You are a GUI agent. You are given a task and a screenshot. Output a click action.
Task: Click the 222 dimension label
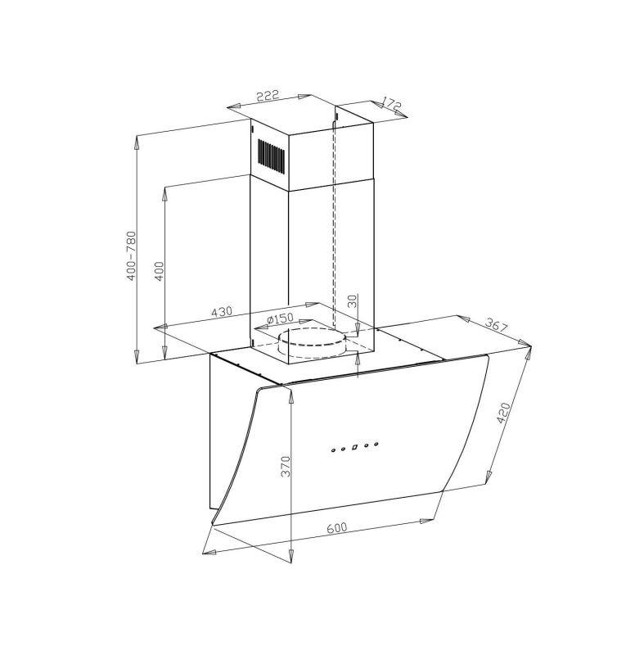(x=267, y=96)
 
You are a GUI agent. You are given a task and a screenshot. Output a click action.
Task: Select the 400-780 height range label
(x=132, y=255)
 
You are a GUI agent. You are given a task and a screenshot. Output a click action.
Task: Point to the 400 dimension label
(x=159, y=271)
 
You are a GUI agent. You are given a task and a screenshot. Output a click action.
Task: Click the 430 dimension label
(x=221, y=312)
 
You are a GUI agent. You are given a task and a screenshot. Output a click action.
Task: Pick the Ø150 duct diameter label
(x=280, y=318)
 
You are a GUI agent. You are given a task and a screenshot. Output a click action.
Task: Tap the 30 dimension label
(x=353, y=300)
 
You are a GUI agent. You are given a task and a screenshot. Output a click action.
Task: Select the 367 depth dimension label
(x=496, y=324)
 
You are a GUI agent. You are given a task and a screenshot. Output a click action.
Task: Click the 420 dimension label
(x=504, y=413)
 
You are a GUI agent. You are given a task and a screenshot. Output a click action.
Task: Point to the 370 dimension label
(x=285, y=466)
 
